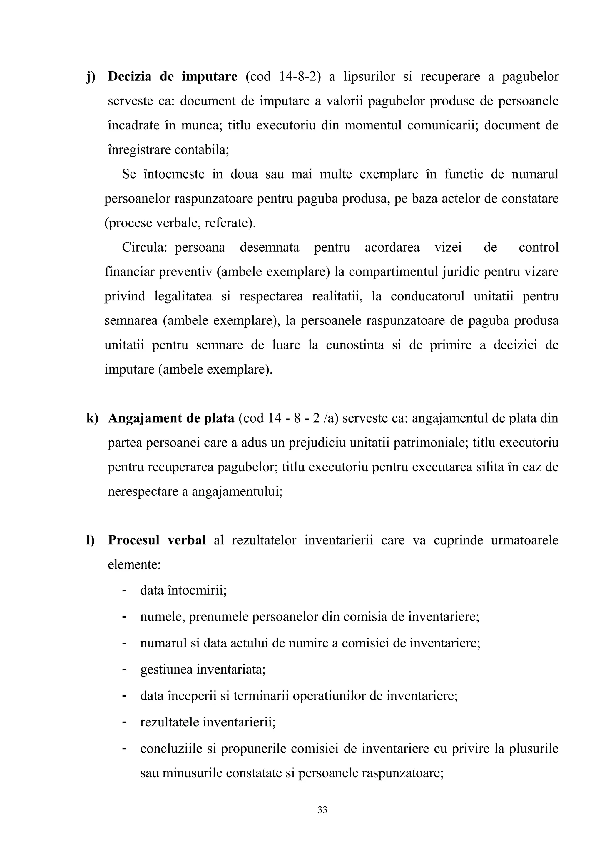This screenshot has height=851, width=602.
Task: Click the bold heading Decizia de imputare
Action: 173,77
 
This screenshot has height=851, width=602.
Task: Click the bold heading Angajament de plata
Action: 171,418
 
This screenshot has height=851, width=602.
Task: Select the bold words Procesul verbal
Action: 157,540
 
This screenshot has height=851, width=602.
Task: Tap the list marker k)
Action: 92,418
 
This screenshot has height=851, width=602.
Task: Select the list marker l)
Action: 91,540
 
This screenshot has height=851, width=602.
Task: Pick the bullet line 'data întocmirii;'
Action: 183,590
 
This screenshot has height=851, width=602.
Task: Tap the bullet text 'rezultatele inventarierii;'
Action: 208,722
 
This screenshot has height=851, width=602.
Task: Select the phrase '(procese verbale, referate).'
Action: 180,223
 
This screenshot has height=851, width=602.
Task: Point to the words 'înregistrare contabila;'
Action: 168,150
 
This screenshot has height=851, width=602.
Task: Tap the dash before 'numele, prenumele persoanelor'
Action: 125,616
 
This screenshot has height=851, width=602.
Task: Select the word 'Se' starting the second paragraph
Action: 129,174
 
